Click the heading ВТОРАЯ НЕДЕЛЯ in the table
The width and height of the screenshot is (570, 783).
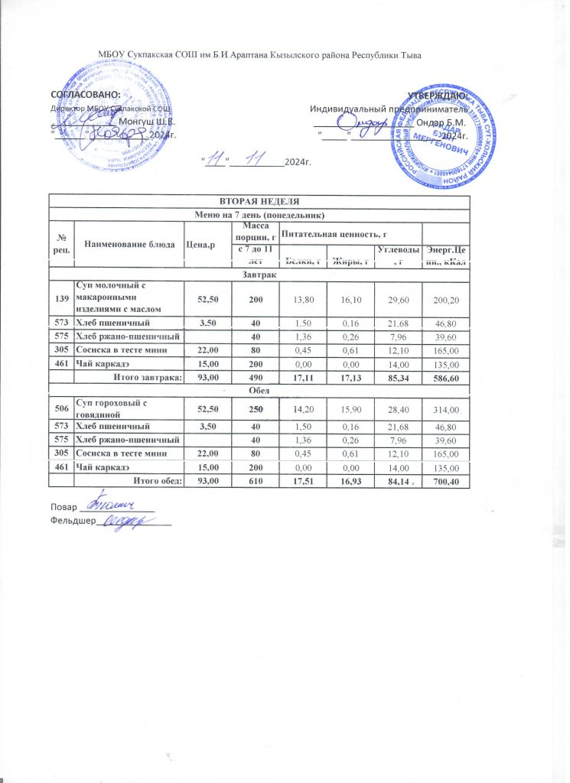[259, 200]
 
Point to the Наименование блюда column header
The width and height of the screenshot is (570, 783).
[127, 243]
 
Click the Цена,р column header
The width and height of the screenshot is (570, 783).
[202, 243]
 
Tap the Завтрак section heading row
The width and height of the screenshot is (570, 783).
[259, 271]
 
